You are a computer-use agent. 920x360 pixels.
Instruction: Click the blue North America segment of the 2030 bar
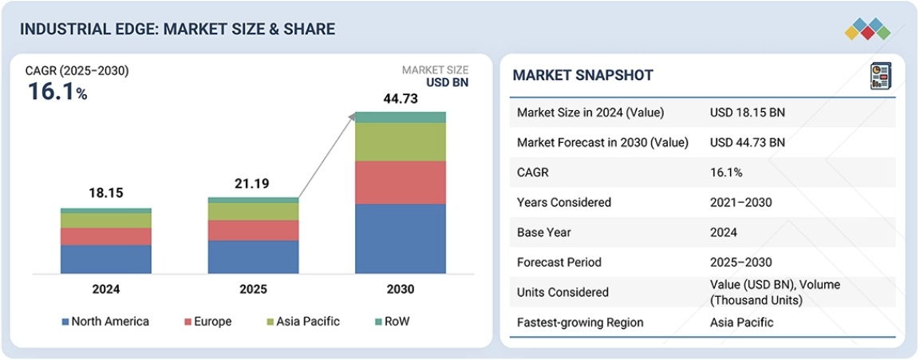click(400, 239)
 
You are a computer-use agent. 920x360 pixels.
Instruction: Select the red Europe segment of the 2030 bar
click(400, 182)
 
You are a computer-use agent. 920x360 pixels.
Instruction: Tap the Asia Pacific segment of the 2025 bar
click(253, 212)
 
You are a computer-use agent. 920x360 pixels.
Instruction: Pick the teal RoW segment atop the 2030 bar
click(400, 117)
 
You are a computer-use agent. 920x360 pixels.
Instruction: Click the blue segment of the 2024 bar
click(106, 259)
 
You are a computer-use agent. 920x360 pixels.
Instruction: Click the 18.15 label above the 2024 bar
click(106, 194)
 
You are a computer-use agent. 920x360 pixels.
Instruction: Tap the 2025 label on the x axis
click(253, 289)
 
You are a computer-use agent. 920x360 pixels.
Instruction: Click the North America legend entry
click(105, 322)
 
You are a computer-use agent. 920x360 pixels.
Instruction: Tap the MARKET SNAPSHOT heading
click(582, 76)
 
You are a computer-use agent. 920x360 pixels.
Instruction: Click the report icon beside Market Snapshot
click(880, 76)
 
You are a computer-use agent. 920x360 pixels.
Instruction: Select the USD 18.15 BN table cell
click(747, 113)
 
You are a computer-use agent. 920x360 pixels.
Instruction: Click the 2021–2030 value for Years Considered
click(740, 203)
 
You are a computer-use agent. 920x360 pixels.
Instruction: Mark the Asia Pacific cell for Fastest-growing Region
click(742, 322)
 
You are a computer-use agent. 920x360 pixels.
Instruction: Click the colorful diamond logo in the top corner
click(867, 29)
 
